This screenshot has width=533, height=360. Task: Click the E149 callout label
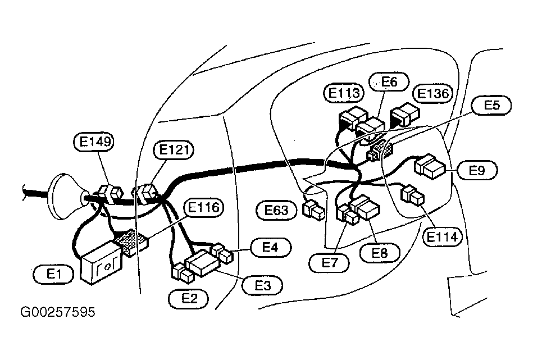94,142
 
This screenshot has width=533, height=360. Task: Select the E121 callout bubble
174,150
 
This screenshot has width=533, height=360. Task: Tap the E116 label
203,208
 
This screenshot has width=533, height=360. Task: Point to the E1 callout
53,274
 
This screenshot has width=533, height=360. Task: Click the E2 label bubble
189,299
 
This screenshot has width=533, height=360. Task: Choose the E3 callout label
262,285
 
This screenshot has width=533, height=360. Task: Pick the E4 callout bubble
271,247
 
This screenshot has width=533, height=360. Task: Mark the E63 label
276,211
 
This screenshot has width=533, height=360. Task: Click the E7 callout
329,263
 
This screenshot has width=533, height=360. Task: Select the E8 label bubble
380,253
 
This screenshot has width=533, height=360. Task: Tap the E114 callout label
442,236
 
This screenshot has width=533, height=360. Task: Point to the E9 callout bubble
477,170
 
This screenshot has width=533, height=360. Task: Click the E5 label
491,106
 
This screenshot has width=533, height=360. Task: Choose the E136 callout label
432,93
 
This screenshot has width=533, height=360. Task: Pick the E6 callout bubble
389,81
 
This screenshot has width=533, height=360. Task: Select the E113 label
344,93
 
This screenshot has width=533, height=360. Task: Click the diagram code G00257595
58,312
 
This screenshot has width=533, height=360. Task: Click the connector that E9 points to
430,167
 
